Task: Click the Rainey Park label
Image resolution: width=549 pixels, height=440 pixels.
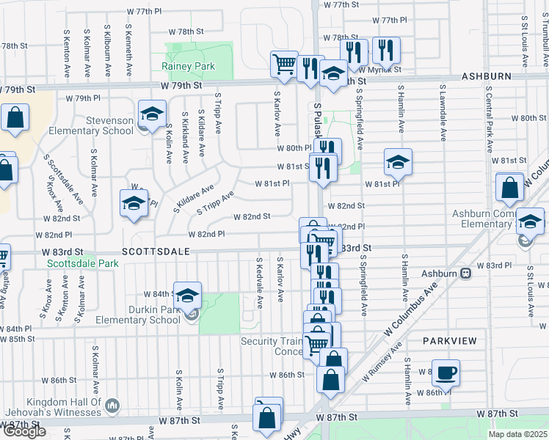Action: pos(188,66)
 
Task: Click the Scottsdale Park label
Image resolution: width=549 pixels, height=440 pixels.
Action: pos(82,263)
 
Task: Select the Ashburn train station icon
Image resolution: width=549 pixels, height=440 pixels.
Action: pos(465,274)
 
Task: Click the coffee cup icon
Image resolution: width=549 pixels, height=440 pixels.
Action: pos(446,373)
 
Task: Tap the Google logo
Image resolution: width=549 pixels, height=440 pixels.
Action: pos(23,432)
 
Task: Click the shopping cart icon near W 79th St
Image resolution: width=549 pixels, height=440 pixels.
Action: pos(284,62)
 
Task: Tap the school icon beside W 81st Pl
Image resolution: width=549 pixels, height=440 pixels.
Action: pos(398,161)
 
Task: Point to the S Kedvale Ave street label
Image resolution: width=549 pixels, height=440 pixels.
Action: pos(259,279)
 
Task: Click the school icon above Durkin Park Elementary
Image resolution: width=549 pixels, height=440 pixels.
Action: pos(188,295)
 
